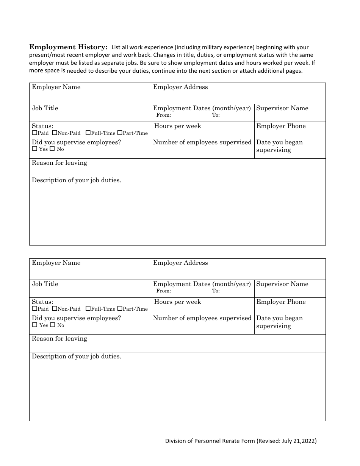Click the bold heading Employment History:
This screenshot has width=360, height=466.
68,47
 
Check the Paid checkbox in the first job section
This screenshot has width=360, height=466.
34,133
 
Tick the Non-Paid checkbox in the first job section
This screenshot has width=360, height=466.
54,133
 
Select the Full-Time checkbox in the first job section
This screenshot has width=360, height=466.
88,133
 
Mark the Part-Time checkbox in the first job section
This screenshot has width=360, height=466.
120,133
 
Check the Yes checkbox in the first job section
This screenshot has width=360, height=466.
34,149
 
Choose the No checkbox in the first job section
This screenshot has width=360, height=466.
53,149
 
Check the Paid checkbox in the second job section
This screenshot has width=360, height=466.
34,309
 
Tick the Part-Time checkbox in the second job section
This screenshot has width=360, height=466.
120,309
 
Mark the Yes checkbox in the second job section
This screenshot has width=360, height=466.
34,325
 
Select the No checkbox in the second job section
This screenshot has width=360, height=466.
53,325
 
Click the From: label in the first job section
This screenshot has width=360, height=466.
164,115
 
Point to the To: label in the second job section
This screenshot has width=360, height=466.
216,291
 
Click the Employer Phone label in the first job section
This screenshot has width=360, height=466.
281,126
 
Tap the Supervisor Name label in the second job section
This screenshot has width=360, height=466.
282,284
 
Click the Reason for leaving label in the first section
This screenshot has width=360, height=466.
59,163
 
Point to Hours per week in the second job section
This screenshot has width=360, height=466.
178,302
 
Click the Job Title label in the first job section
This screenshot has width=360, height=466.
45,108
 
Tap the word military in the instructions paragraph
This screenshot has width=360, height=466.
214,47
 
